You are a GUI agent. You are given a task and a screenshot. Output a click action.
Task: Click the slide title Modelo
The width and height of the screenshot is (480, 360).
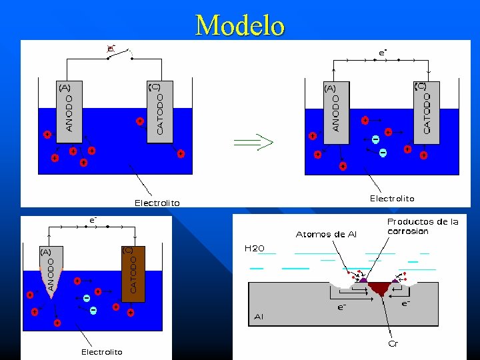click(x=240, y=25)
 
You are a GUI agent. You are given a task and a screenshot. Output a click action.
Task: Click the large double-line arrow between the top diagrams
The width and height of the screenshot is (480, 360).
click(x=254, y=141)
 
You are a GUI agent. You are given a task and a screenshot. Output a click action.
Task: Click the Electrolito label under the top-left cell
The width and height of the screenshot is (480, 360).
click(x=157, y=203)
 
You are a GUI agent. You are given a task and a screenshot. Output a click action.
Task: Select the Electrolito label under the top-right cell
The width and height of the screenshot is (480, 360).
click(x=392, y=198)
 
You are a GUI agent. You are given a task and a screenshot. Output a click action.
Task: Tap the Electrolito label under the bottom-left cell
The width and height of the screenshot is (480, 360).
click(x=101, y=351)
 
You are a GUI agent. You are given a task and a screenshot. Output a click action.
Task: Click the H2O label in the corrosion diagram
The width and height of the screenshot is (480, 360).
click(x=254, y=248)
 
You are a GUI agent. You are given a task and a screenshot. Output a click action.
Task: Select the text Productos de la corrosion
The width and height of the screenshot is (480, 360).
click(x=423, y=226)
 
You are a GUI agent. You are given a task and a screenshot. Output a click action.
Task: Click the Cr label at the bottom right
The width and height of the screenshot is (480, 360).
click(x=393, y=344)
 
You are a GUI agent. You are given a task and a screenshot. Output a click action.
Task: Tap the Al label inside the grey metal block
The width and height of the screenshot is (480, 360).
click(x=259, y=317)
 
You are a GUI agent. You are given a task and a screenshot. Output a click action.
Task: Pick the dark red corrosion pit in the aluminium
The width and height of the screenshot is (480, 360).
click(x=379, y=288)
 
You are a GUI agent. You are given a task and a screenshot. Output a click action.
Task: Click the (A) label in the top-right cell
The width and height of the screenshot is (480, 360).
click(x=330, y=88)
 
